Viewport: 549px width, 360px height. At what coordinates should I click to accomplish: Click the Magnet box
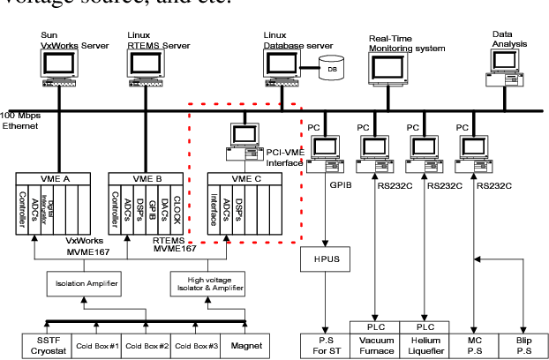246,346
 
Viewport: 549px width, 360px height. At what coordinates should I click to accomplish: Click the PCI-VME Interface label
284,156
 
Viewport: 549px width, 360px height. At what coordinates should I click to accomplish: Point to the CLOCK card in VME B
177,210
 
